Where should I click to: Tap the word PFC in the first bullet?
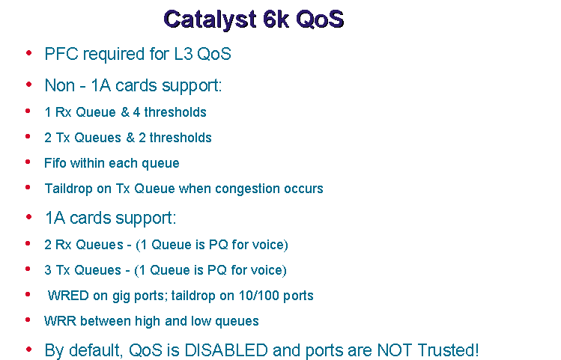point(61,54)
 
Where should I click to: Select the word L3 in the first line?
point(184,54)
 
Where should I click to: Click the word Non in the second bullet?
point(60,85)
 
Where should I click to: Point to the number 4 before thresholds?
point(136,112)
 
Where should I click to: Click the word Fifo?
point(55,163)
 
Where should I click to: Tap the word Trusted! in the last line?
point(448,350)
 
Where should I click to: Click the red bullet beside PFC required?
point(28,53)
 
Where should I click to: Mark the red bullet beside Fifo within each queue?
point(28,162)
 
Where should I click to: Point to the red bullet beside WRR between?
point(28,320)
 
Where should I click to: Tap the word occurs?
point(303,189)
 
